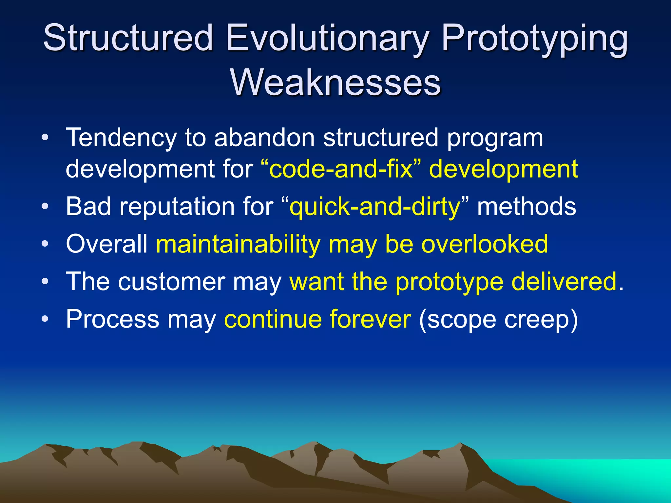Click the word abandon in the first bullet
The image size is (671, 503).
click(264, 138)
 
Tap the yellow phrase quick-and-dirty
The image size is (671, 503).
click(375, 207)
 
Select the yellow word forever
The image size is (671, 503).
click(370, 319)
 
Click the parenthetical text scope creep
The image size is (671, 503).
click(498, 320)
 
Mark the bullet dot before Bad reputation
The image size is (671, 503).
click(45, 207)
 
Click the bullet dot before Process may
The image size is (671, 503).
click(45, 319)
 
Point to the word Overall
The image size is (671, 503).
click(107, 244)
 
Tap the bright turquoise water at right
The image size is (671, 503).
click(606, 475)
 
